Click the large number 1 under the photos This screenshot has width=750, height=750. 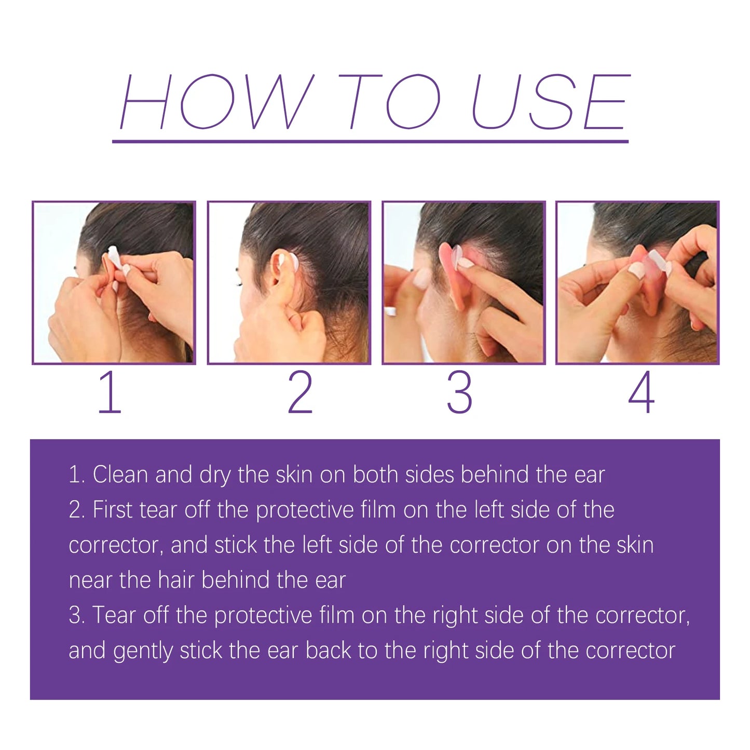click(x=110, y=392)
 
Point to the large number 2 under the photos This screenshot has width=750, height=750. click(x=301, y=392)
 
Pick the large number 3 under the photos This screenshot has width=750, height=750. click(x=460, y=392)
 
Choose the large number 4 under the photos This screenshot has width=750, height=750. click(x=642, y=392)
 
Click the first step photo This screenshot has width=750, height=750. click(x=114, y=283)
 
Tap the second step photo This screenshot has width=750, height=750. click(x=289, y=283)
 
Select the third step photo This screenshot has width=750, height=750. click(x=463, y=283)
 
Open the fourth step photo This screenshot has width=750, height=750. click(x=637, y=283)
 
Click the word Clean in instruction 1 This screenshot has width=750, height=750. click(x=120, y=474)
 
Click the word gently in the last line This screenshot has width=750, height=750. click(x=143, y=651)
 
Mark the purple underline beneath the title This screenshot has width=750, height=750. click(x=370, y=141)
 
